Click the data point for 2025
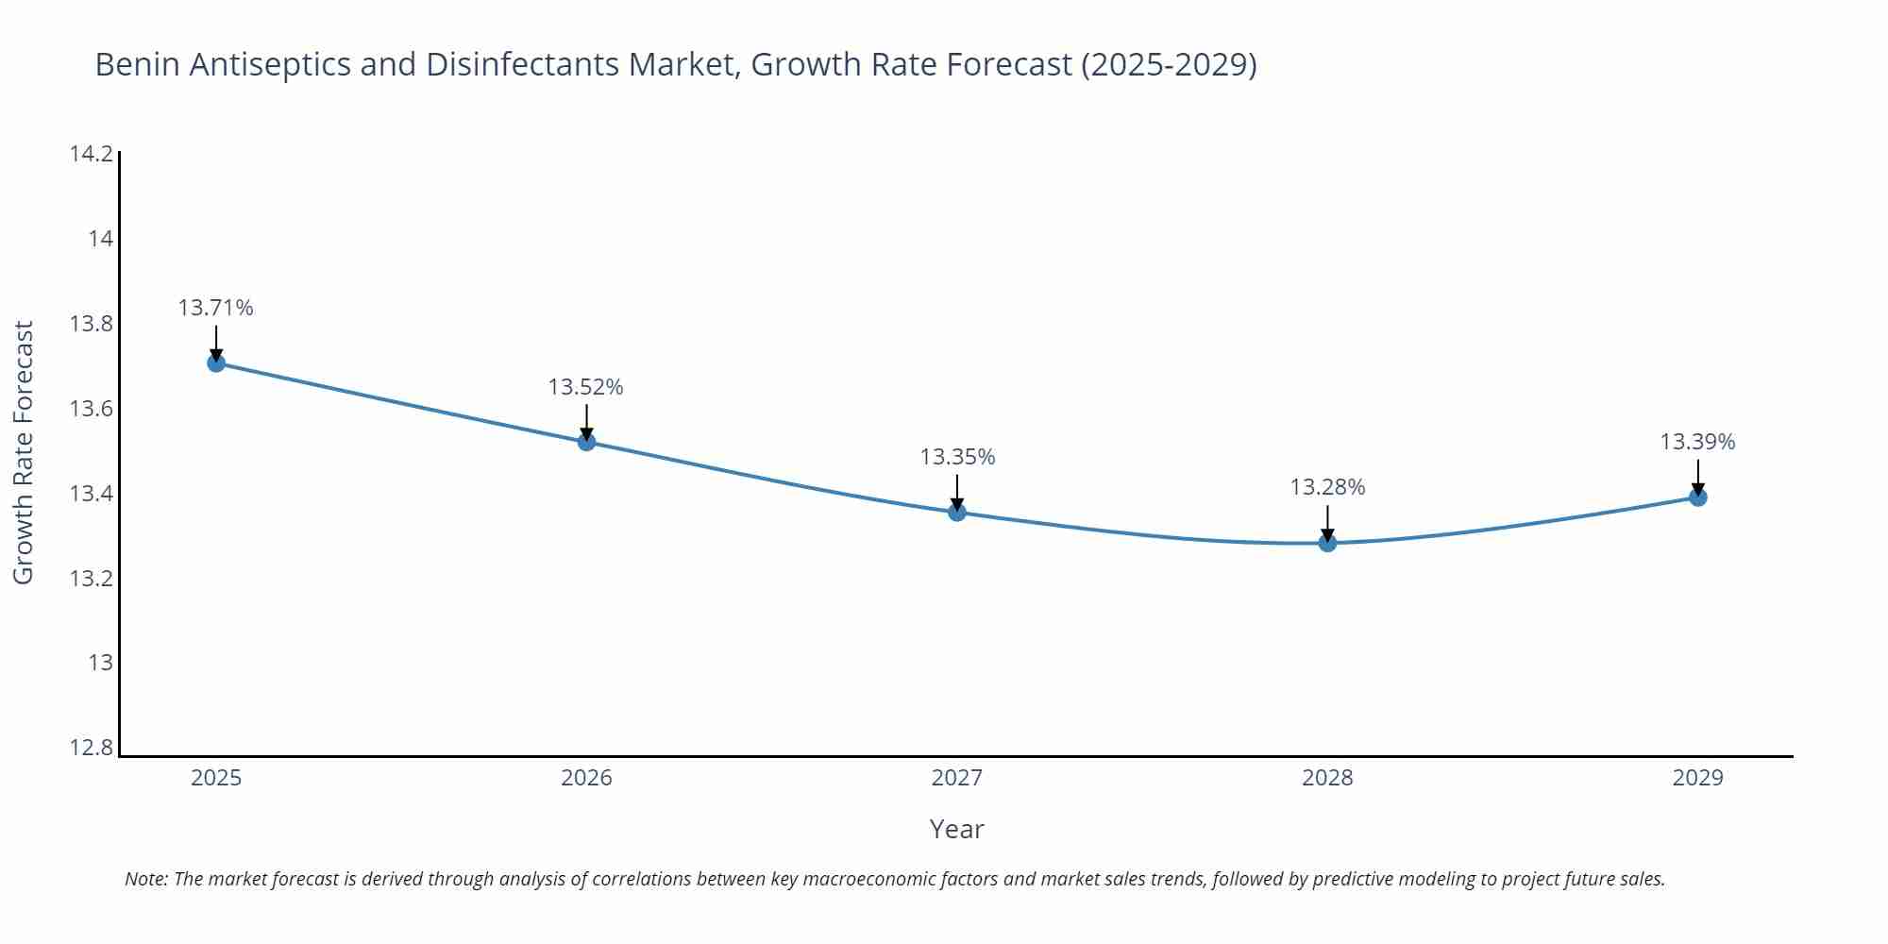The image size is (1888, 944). tap(216, 362)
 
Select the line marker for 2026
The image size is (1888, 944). tap(586, 441)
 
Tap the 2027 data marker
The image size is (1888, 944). tap(957, 512)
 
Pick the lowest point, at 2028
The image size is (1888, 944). tap(1327, 542)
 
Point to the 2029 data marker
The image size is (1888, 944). tap(1697, 497)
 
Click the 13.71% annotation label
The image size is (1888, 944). tap(216, 308)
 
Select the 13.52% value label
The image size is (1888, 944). tap(586, 387)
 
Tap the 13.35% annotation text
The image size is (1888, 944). tap(957, 457)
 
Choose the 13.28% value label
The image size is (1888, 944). tap(1327, 487)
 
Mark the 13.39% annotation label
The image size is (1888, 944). tap(1697, 442)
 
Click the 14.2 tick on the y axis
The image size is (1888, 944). tap(92, 154)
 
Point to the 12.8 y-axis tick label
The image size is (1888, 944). tap(92, 748)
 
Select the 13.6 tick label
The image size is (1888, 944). tap(92, 409)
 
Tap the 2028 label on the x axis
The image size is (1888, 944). tap(1327, 778)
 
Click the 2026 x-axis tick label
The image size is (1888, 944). tap(586, 778)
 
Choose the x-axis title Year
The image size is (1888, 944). tap(956, 829)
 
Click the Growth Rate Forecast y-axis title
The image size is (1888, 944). tap(24, 452)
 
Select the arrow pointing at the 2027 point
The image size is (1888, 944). tap(957, 491)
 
